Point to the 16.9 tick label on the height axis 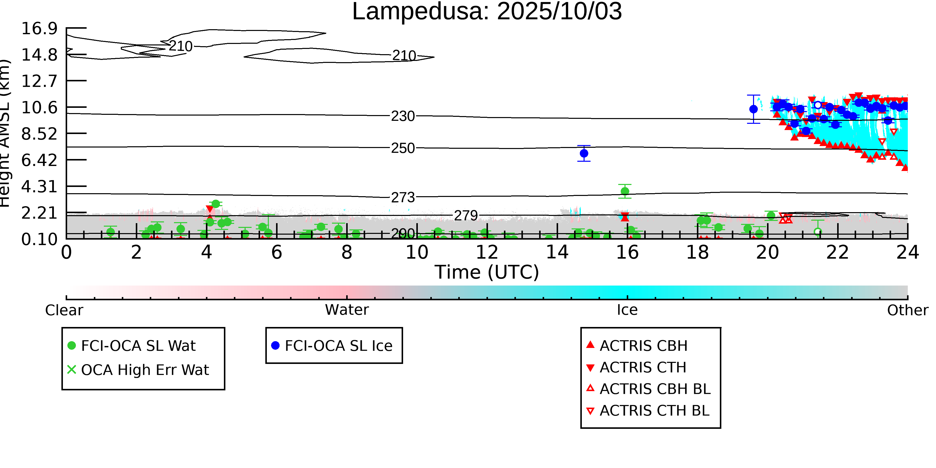(x=39, y=29)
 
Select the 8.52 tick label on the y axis (x=39, y=134)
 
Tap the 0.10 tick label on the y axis (x=39, y=239)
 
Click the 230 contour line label (x=403, y=116)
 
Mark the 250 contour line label (x=403, y=148)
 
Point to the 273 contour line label (x=403, y=197)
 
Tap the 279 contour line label (x=466, y=216)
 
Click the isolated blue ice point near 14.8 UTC (x=584, y=153)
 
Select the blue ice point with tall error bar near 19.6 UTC (x=754, y=109)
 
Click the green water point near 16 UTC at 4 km (x=625, y=191)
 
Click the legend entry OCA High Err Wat (x=145, y=370)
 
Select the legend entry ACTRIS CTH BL (x=654, y=411)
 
